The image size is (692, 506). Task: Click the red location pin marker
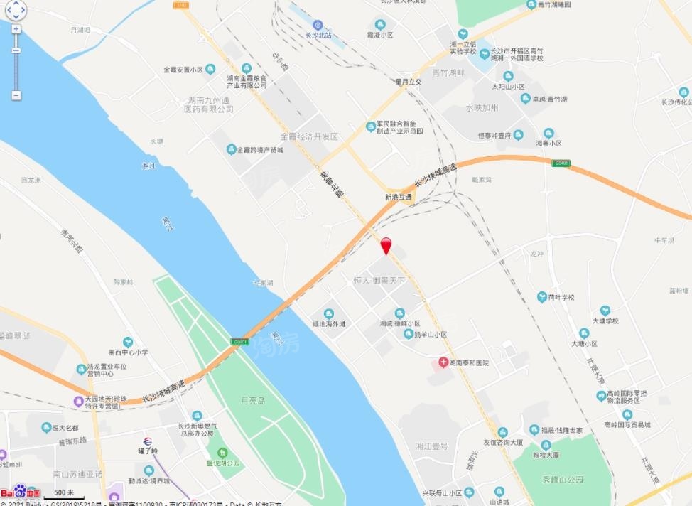[x=386, y=245]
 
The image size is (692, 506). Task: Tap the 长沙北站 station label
[x=318, y=35]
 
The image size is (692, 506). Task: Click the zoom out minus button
[x=16, y=95]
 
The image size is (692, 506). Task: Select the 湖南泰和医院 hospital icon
[x=443, y=362]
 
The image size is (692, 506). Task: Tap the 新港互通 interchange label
[x=399, y=197]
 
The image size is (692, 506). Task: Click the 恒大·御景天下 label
[x=379, y=281]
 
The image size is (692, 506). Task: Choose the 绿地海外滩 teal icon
[x=328, y=313]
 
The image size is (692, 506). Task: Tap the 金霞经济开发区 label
[x=309, y=136]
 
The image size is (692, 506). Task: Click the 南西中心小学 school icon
[x=128, y=342]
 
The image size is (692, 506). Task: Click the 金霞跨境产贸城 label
[x=259, y=150]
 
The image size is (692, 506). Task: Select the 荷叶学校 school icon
[x=542, y=296]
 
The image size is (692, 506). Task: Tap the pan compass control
[x=16, y=9]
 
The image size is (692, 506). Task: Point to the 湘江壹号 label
[x=432, y=446]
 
